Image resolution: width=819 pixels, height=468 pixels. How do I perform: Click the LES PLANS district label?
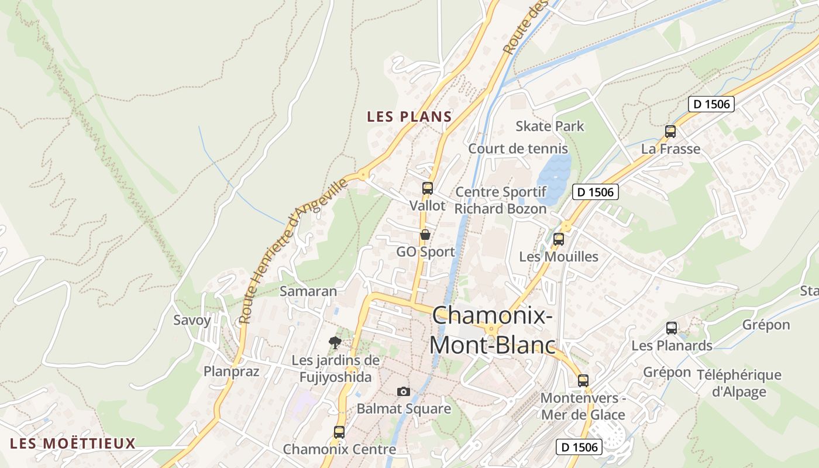point(409,116)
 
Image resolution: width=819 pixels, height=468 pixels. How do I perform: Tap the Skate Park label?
point(549,126)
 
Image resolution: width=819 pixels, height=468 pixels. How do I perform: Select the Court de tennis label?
point(518,149)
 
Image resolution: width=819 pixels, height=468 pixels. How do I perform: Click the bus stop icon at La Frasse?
point(670,132)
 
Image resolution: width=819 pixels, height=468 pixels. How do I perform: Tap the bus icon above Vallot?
point(428,188)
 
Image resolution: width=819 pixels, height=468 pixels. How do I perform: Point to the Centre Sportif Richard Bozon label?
point(501,200)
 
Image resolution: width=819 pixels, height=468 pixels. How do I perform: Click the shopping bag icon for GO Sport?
point(425,235)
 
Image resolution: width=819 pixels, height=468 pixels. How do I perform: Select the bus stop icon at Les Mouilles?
point(559,239)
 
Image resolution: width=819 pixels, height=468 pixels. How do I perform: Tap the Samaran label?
point(308,291)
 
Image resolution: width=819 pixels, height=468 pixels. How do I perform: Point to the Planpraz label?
point(231,371)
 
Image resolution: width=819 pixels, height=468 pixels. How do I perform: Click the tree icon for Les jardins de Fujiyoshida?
point(335,342)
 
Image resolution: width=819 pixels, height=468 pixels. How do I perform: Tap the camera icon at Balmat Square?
point(403,391)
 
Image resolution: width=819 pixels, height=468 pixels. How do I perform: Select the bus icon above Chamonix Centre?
point(339,432)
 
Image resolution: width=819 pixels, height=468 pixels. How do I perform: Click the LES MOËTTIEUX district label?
point(73,443)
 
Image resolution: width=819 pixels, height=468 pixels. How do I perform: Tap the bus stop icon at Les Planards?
point(672,328)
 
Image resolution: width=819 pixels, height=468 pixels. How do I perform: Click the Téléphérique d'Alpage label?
point(739,383)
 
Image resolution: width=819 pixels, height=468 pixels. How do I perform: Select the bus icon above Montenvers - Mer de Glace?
point(583,381)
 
